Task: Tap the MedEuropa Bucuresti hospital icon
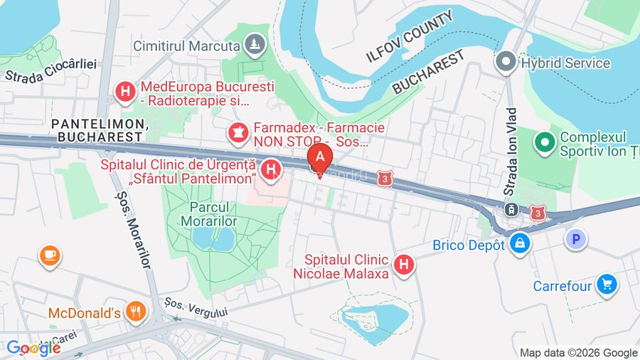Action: (x=126, y=91)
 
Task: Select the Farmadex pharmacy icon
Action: (x=237, y=132)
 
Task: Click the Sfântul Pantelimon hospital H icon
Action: (x=270, y=169)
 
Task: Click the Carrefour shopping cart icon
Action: (x=607, y=285)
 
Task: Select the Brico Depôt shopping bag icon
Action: (x=521, y=244)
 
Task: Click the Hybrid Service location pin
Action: (x=506, y=63)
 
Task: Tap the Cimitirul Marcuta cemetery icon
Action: (x=255, y=46)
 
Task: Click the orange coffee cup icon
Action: (x=50, y=255)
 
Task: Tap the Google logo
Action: (x=33, y=349)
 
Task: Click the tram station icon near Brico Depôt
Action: (x=510, y=209)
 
